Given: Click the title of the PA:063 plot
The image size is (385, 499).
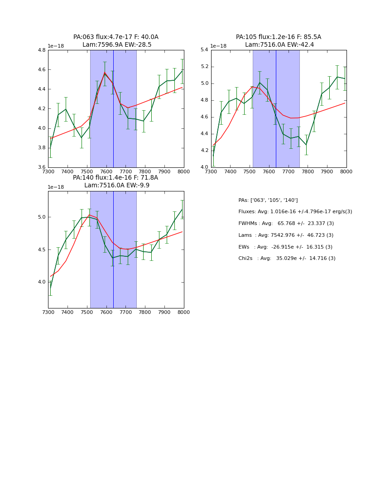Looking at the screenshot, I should (116, 41).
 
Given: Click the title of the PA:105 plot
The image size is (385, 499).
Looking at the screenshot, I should (279, 41).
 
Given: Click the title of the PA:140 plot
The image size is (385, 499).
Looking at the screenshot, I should (116, 181).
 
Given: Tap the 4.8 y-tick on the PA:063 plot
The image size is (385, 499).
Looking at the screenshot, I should (41, 50).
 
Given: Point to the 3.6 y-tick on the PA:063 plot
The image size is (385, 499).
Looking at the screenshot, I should (41, 167).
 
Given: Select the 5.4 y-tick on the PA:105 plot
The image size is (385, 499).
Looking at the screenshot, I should (204, 50).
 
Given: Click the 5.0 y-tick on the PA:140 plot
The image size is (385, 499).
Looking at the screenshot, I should (41, 217).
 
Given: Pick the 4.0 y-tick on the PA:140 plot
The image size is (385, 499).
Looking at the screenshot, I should (41, 282).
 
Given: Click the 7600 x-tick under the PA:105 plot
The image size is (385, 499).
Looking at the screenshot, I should (269, 171).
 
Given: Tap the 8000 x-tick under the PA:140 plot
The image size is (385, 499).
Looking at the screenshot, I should (183, 312).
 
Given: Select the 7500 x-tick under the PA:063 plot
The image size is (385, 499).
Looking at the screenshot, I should (87, 171).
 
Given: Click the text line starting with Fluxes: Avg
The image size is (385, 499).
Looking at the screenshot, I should (295, 212).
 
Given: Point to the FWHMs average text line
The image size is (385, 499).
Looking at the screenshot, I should (286, 224).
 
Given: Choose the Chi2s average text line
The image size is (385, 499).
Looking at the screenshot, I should (287, 259).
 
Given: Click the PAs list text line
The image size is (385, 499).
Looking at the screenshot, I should (268, 201).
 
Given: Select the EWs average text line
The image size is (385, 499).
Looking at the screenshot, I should (285, 247).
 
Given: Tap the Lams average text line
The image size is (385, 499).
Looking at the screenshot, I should (286, 235).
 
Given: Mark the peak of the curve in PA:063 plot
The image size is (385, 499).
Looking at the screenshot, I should (105, 73).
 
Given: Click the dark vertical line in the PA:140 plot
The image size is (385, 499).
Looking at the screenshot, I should (113, 249).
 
